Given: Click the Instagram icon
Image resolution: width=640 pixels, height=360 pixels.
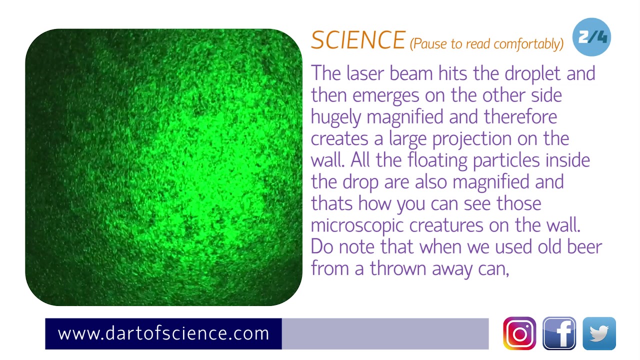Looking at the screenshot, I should (519, 333).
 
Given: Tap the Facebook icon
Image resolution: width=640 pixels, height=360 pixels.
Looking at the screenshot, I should (559, 333).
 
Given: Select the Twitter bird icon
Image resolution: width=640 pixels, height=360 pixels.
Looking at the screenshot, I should (599, 333).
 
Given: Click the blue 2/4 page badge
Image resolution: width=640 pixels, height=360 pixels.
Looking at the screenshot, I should (591, 37).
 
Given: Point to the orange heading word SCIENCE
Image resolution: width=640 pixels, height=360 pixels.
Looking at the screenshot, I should (357, 40).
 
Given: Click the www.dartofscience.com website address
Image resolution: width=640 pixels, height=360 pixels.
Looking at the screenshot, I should (163, 333).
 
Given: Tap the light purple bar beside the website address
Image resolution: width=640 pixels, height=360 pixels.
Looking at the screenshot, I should (385, 333).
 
